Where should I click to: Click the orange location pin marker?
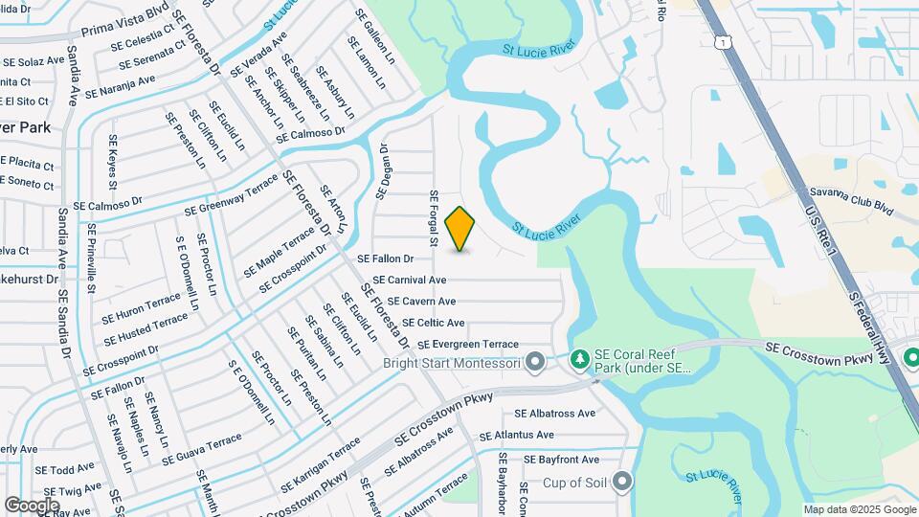point(460,229)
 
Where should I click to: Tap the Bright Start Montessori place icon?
point(535,362)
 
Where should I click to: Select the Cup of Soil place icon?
point(623,481)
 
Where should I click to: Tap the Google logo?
point(32,505)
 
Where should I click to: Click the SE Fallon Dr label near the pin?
point(385,258)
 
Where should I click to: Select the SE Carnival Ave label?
point(409,280)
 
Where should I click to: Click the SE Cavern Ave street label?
point(421,302)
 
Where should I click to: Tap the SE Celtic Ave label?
point(434,323)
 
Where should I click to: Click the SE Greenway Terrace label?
point(231,196)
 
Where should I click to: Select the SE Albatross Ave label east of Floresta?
point(554,414)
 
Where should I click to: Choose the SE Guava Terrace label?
point(202,449)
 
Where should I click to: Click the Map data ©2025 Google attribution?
point(860,509)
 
